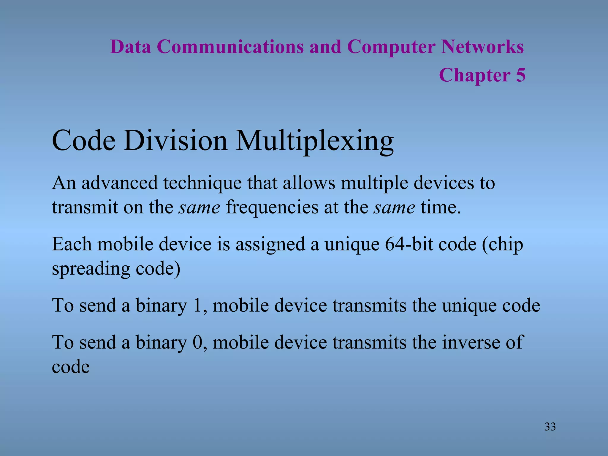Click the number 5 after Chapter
tap(520, 75)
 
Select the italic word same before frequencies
tap(199, 208)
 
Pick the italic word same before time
tap(394, 208)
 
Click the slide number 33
tap(550, 427)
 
